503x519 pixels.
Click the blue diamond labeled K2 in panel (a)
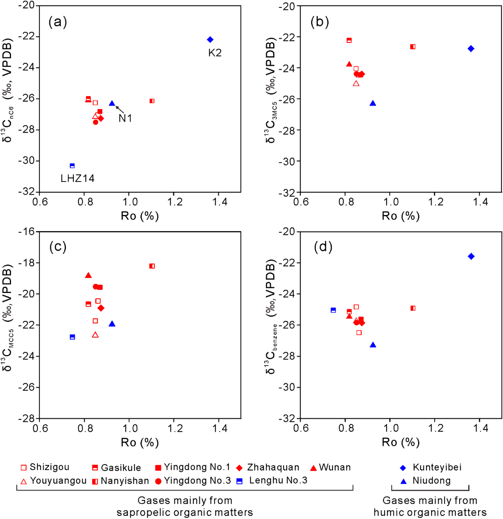[x=210, y=40]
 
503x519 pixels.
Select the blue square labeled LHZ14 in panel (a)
[x=72, y=166]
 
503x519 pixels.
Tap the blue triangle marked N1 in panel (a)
[x=112, y=103]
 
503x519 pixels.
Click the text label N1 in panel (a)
[x=125, y=118]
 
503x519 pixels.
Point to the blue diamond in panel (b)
[x=471, y=48]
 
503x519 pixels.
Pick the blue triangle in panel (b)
[x=373, y=103]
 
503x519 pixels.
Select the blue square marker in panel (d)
[x=333, y=310]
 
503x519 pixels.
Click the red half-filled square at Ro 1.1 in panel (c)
[x=152, y=266]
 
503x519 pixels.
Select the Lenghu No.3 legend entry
[x=272, y=480]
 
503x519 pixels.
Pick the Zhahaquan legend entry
[x=267, y=467]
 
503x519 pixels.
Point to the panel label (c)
[x=58, y=247]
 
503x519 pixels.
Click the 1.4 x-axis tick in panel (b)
[x=480, y=202]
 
